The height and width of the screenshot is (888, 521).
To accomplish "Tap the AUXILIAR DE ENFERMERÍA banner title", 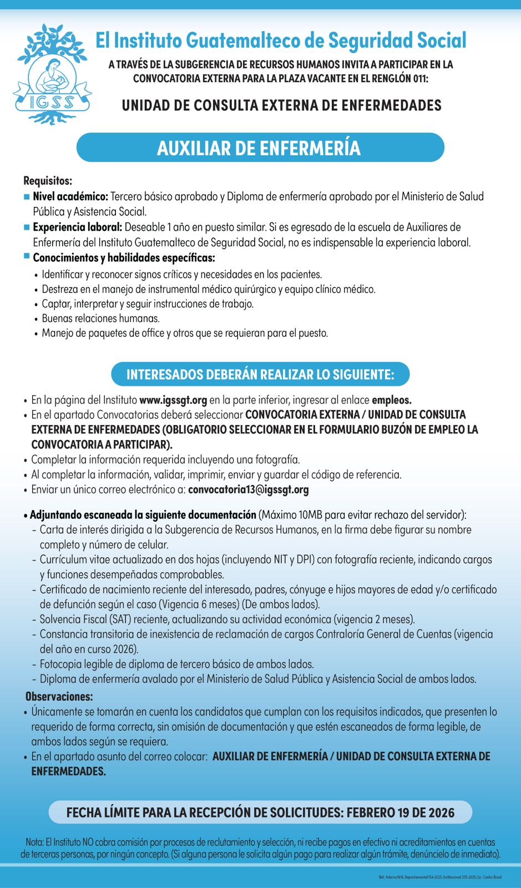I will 259,148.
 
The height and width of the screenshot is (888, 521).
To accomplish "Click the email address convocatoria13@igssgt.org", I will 248,490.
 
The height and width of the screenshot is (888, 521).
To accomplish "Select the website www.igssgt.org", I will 173,400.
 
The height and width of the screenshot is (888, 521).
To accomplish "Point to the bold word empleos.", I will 391,400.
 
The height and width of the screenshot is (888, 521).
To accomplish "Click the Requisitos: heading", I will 48,180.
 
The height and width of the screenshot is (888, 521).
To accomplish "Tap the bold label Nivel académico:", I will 70,196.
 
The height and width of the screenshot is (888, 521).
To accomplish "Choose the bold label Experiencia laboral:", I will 77,227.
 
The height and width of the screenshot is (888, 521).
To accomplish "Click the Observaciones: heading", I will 59,697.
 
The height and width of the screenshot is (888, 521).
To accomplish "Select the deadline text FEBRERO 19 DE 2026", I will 400,813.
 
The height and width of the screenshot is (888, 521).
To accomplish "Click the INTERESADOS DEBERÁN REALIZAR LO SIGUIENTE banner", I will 260,374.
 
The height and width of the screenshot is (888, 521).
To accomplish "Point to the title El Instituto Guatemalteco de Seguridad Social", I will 281,41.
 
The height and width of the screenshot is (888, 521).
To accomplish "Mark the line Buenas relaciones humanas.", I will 101,319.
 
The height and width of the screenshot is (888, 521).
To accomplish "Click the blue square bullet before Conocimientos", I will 27,256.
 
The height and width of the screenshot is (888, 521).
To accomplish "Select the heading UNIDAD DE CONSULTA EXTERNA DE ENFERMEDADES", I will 281,105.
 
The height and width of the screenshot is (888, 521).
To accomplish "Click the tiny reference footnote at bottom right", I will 440,877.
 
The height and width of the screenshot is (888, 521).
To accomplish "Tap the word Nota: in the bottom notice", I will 35,842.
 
